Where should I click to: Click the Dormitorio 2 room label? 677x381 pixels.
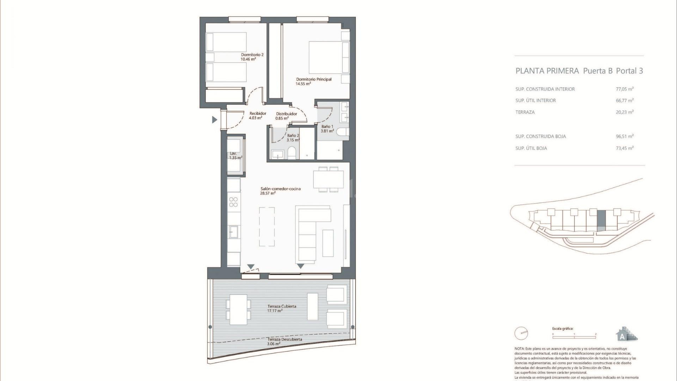click(252, 55)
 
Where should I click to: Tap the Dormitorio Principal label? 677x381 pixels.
click(313, 79)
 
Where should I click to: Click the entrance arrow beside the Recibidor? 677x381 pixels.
click(214, 120)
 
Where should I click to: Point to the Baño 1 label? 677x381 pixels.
click(327, 126)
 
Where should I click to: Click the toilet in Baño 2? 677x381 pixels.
click(292, 153)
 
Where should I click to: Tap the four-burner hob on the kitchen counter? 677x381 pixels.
click(233, 202)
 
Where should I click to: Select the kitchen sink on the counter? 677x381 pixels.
click(233, 232)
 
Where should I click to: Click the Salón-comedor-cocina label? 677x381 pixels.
click(280, 189)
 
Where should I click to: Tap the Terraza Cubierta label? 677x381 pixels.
click(281, 306)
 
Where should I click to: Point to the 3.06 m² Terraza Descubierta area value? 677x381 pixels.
click(274, 344)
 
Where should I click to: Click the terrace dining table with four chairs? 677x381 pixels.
click(238, 309)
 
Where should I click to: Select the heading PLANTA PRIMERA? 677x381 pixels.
click(547, 71)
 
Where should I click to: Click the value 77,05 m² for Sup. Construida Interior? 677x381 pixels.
click(624, 89)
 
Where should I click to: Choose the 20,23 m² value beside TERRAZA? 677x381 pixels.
click(624, 112)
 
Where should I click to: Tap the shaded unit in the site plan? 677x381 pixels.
click(601, 220)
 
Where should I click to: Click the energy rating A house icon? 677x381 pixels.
click(625, 334)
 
